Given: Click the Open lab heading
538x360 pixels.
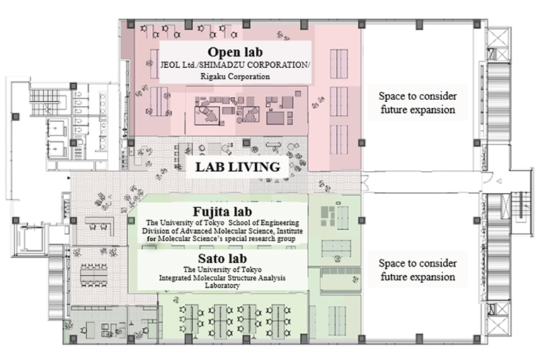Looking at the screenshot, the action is pyautogui.click(x=235, y=52).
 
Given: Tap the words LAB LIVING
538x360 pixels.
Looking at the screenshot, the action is pyautogui.click(x=238, y=168).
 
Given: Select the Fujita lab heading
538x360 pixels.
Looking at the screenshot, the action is pyautogui.click(x=222, y=211).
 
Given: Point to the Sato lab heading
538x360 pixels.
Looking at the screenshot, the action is pyautogui.click(x=222, y=258).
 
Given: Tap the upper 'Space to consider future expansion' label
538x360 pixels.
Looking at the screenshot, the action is pyautogui.click(x=418, y=103).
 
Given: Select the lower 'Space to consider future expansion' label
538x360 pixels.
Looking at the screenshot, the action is pyautogui.click(x=418, y=270).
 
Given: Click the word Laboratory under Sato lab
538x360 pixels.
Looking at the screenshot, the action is pyautogui.click(x=222, y=286).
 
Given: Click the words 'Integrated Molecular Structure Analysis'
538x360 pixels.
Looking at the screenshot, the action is pyautogui.click(x=222, y=278).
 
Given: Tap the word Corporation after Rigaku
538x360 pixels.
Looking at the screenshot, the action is pyautogui.click(x=249, y=76).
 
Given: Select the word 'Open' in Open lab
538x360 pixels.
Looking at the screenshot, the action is pyautogui.click(x=224, y=52).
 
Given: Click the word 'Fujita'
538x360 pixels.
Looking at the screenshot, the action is pyautogui.click(x=208, y=211).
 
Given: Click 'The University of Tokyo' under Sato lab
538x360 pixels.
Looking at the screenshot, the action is pyautogui.click(x=222, y=270).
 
